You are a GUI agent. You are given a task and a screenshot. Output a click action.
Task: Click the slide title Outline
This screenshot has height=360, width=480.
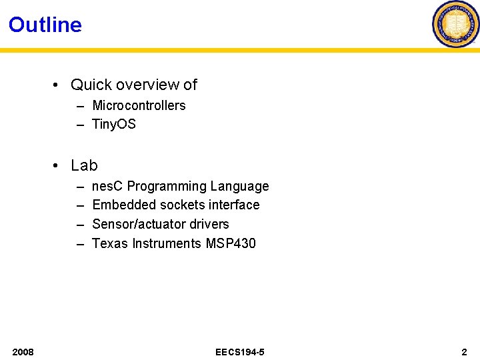pyautogui.click(x=45, y=25)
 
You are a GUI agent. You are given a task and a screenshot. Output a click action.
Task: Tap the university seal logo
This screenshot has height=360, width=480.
pyautogui.click(x=456, y=24)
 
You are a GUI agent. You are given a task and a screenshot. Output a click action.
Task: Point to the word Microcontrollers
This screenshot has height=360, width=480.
pyautogui.click(x=139, y=105)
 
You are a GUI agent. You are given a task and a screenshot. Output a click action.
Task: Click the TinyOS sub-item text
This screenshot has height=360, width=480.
pyautogui.click(x=114, y=124)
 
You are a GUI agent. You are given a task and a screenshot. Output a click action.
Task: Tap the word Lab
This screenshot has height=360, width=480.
pyautogui.click(x=84, y=165)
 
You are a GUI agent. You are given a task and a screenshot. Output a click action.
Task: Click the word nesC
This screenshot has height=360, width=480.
pyautogui.click(x=107, y=186)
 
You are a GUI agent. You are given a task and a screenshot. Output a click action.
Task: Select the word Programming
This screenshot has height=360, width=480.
pyautogui.click(x=167, y=186)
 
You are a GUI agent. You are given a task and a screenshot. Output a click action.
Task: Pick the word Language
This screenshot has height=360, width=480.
pyautogui.click(x=239, y=186)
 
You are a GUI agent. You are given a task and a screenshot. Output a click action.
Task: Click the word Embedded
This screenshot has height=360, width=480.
pyautogui.click(x=120, y=205)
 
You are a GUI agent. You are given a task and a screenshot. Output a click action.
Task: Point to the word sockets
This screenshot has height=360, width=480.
pyautogui.click(x=173, y=205)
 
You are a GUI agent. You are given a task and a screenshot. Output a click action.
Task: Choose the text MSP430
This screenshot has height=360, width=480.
pyautogui.click(x=231, y=243)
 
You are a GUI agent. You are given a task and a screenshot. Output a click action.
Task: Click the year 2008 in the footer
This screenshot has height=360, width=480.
pyautogui.click(x=23, y=351)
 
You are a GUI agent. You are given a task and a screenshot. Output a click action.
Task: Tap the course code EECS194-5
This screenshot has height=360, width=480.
pyautogui.click(x=240, y=351)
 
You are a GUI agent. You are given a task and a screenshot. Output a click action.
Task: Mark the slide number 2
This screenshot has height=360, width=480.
pyautogui.click(x=464, y=351)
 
